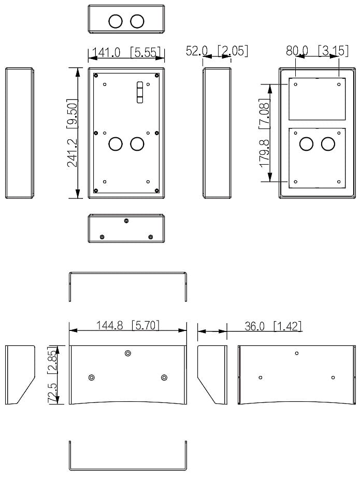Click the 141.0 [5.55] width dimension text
[x=126, y=52]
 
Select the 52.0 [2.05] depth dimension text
[x=217, y=51]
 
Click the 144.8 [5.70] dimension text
[x=128, y=325]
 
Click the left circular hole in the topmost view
[x=115, y=21]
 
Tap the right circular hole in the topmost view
[x=137, y=21]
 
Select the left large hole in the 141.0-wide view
[x=115, y=143]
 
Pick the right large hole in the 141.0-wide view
[x=137, y=143]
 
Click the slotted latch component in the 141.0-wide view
[x=139, y=92]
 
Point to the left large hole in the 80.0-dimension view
[x=306, y=144]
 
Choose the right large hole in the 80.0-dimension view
[x=328, y=144]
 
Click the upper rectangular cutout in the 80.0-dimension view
[x=316, y=100]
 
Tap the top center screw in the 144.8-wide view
[x=128, y=353]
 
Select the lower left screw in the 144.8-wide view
[x=91, y=378]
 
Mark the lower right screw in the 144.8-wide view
[x=165, y=378]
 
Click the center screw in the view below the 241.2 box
[x=126, y=221]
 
